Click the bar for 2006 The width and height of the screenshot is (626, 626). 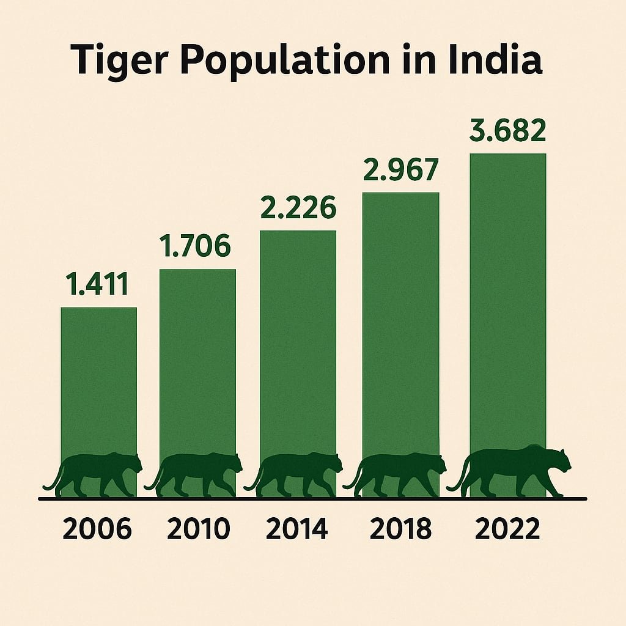(98, 379)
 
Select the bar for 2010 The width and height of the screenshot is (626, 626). (197, 361)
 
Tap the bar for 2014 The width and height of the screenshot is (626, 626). (298, 342)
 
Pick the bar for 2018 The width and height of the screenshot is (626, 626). (400, 324)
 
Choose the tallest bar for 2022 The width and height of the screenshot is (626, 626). (507, 300)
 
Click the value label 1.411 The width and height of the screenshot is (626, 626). (98, 285)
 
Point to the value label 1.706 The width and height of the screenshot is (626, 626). (195, 246)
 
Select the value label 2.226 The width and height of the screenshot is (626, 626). (298, 208)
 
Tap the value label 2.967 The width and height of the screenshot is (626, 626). (400, 171)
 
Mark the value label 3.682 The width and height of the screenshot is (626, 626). (507, 131)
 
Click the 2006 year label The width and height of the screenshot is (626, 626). (97, 529)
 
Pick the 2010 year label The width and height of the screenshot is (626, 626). (198, 529)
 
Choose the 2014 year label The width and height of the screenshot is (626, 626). (298, 529)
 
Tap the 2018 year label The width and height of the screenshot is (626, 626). (400, 529)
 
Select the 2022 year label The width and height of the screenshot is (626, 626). (507, 529)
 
